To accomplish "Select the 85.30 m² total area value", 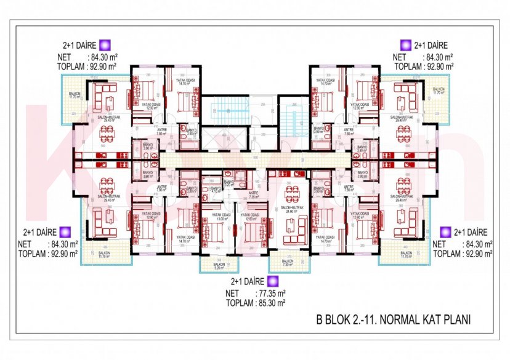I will (272, 303).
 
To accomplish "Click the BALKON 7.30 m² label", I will (288, 262).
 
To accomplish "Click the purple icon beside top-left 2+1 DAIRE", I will (105, 45).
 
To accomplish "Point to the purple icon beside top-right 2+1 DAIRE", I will (405, 45).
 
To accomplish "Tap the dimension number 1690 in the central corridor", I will (254, 157).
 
